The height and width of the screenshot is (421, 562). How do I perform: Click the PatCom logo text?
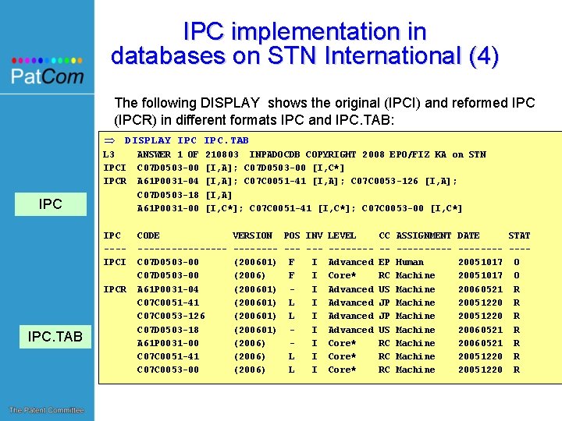click(x=47, y=76)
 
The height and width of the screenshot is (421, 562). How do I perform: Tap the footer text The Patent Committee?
click(x=46, y=411)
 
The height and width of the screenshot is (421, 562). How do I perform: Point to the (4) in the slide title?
click(x=477, y=56)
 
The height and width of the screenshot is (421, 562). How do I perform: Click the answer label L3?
click(x=109, y=154)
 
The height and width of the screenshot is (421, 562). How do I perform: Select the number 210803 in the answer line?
click(x=222, y=154)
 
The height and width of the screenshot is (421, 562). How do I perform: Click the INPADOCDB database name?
click(x=275, y=154)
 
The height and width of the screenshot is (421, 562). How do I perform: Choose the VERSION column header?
click(x=253, y=235)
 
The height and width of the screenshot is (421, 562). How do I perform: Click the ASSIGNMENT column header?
click(x=424, y=235)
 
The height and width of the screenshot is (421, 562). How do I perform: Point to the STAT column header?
click(x=519, y=235)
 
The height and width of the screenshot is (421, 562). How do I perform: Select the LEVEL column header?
click(x=342, y=235)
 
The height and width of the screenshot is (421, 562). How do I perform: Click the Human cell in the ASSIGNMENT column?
click(x=410, y=262)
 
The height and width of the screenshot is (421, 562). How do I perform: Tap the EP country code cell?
click(x=384, y=262)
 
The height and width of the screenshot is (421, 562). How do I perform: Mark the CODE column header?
click(x=148, y=235)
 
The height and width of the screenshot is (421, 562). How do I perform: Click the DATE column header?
click(x=468, y=235)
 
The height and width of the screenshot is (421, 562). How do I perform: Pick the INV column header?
click(x=314, y=235)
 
